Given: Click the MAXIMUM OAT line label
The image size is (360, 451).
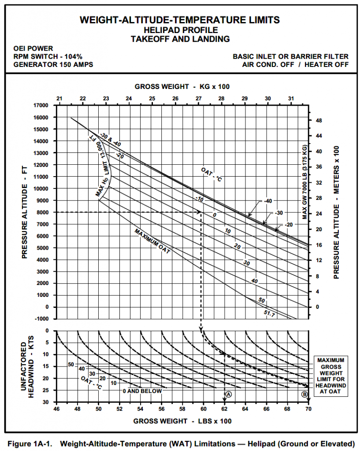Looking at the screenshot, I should pyautogui.click(x=152, y=242).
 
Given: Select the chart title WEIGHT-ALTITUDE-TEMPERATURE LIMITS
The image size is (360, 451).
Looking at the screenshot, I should pyautogui.click(x=180, y=20).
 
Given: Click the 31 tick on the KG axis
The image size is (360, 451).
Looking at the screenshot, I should pyautogui.click(x=291, y=98).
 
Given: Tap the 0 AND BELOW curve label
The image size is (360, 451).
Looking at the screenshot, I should pyautogui.click(x=142, y=391).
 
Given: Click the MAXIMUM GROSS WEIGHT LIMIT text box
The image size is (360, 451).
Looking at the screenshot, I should pyautogui.click(x=331, y=376).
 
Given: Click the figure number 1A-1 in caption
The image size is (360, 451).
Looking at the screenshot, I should pyautogui.click(x=43, y=443).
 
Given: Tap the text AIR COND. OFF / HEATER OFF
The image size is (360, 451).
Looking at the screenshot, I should pyautogui.click(x=295, y=64).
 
